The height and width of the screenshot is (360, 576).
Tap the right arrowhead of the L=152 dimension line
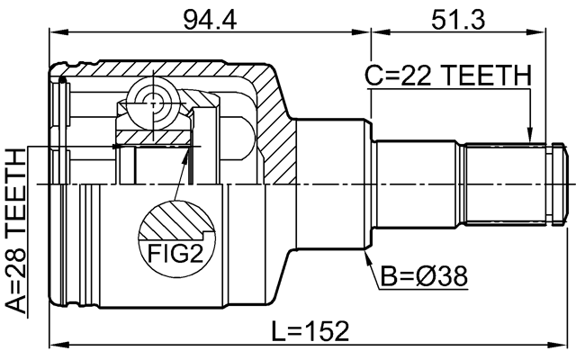point(567,345)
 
